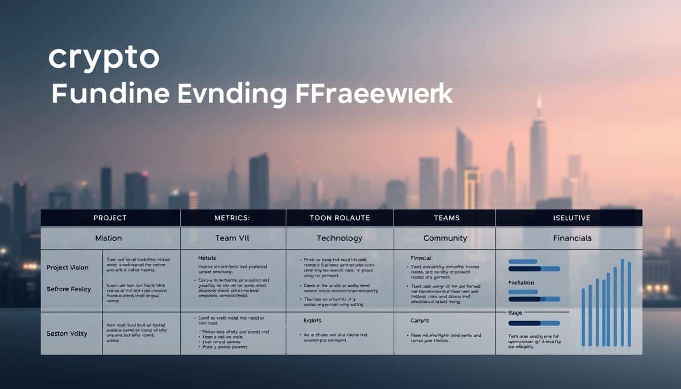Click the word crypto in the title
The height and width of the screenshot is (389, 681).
pyautogui.click(x=103, y=59)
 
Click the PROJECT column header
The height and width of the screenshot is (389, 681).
pyautogui.click(x=110, y=218)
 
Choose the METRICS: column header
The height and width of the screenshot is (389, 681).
pyautogui.click(x=233, y=218)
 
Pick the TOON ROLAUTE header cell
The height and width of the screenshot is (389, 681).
pyautogui.click(x=339, y=218)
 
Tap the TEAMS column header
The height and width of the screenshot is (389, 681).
pyautogui.click(x=447, y=218)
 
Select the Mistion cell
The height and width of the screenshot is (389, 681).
pyautogui.click(x=108, y=238)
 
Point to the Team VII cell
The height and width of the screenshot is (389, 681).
pyautogui.click(x=233, y=238)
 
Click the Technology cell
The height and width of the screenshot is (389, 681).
pyautogui.click(x=339, y=238)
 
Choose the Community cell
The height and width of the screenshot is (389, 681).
pyautogui.click(x=444, y=238)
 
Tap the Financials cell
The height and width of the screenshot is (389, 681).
pyautogui.click(x=572, y=238)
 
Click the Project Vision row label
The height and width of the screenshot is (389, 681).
pyautogui.click(x=67, y=267)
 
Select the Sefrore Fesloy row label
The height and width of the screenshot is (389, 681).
pyautogui.click(x=68, y=289)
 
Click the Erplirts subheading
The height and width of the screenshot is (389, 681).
pyautogui.click(x=312, y=321)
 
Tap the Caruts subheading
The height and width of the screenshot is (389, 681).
pyautogui.click(x=420, y=321)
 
